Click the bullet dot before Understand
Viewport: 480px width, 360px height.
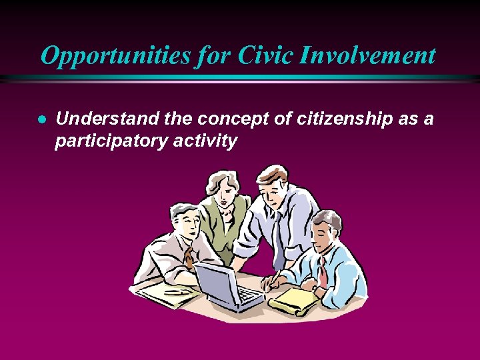(x=41, y=119)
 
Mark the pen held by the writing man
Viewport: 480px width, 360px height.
(x=271, y=276)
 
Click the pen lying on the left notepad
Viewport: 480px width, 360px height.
(x=177, y=291)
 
